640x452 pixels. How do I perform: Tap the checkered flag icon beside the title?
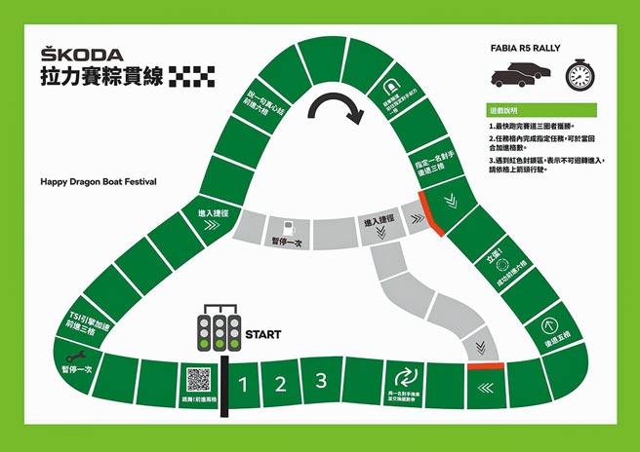[x=188, y=77]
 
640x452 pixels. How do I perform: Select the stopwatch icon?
[x=580, y=75]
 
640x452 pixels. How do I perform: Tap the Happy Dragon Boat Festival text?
[x=99, y=181]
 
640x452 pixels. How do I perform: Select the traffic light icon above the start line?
[x=220, y=330]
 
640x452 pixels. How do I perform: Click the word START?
[x=263, y=335]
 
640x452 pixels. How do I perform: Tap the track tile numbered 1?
[x=245, y=384]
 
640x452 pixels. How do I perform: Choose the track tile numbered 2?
[x=280, y=383]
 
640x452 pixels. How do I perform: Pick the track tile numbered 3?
[x=320, y=380]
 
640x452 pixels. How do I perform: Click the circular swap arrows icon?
[x=403, y=376]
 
